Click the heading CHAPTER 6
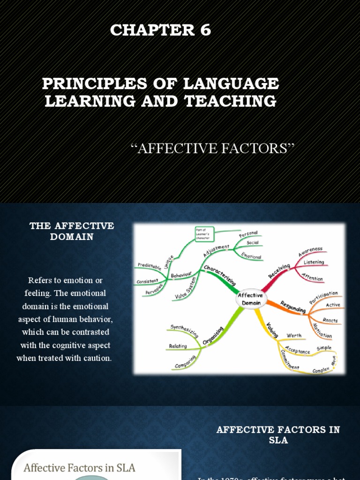161,30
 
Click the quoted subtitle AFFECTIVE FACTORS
213,149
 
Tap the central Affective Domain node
250,299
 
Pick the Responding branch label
293,307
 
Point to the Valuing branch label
272,330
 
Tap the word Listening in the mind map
314,262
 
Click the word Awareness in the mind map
310,252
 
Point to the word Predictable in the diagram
149,266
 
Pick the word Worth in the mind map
294,335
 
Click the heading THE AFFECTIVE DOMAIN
72,231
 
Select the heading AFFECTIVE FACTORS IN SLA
278,435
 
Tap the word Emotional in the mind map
251,256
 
